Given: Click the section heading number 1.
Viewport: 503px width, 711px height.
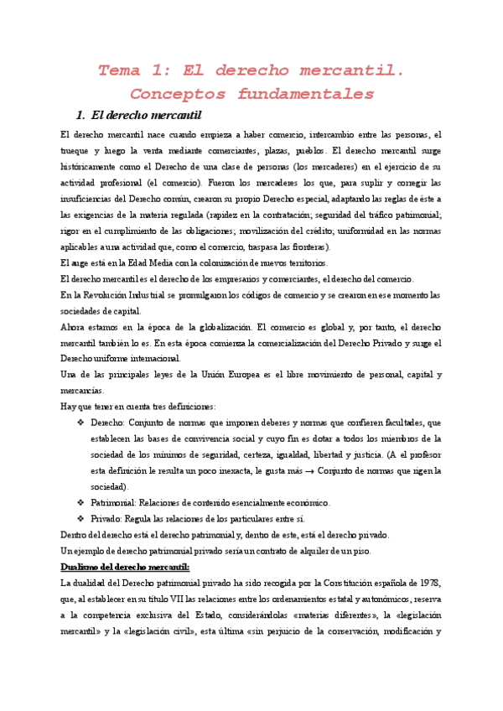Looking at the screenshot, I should (80, 115).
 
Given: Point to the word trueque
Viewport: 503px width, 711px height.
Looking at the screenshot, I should (79, 151).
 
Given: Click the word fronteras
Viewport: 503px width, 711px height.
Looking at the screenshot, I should (309, 247).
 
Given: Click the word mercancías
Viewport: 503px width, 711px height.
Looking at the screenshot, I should (82, 390).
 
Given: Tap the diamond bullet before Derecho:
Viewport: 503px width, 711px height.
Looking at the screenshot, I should (80, 423).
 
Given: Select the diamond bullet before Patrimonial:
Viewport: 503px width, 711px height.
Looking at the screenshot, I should (80, 502).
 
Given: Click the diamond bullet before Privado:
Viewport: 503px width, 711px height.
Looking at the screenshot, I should (80, 518).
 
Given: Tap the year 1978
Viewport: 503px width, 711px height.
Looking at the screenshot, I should (430, 582).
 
